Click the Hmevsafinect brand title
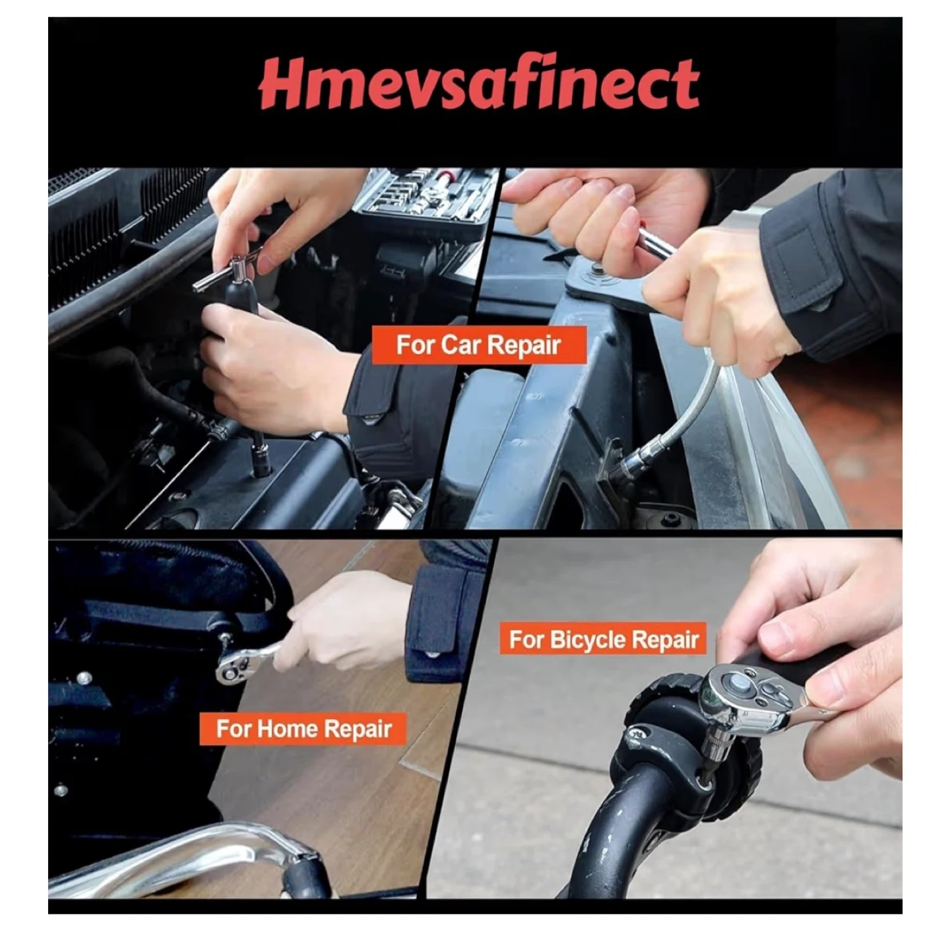(478, 83)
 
